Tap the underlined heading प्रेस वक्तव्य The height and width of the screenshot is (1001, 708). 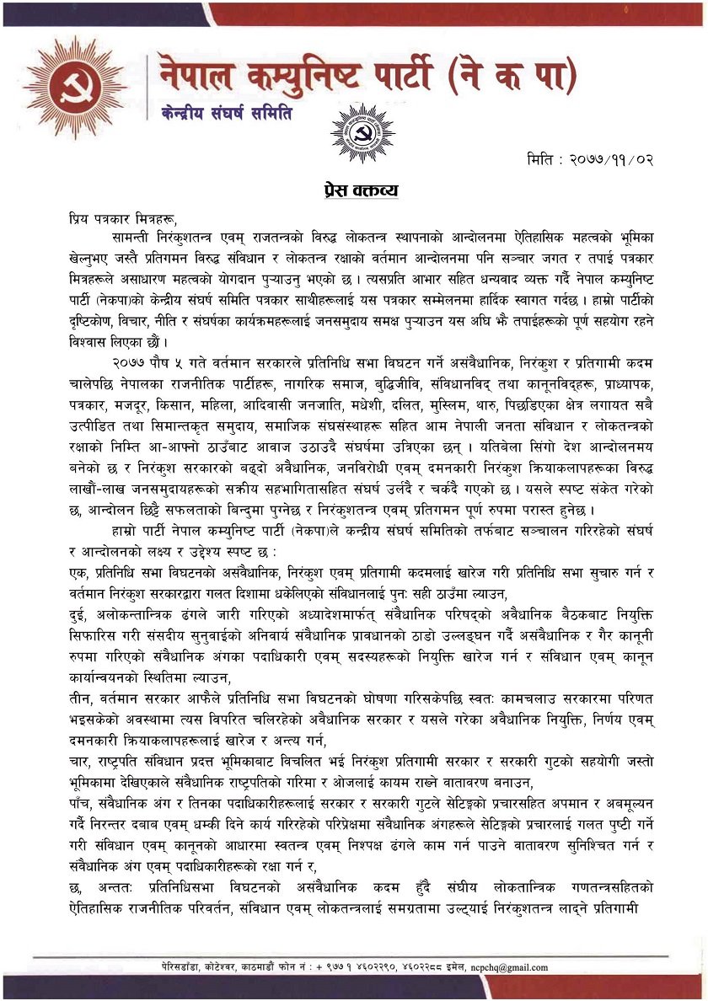tap(362, 190)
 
